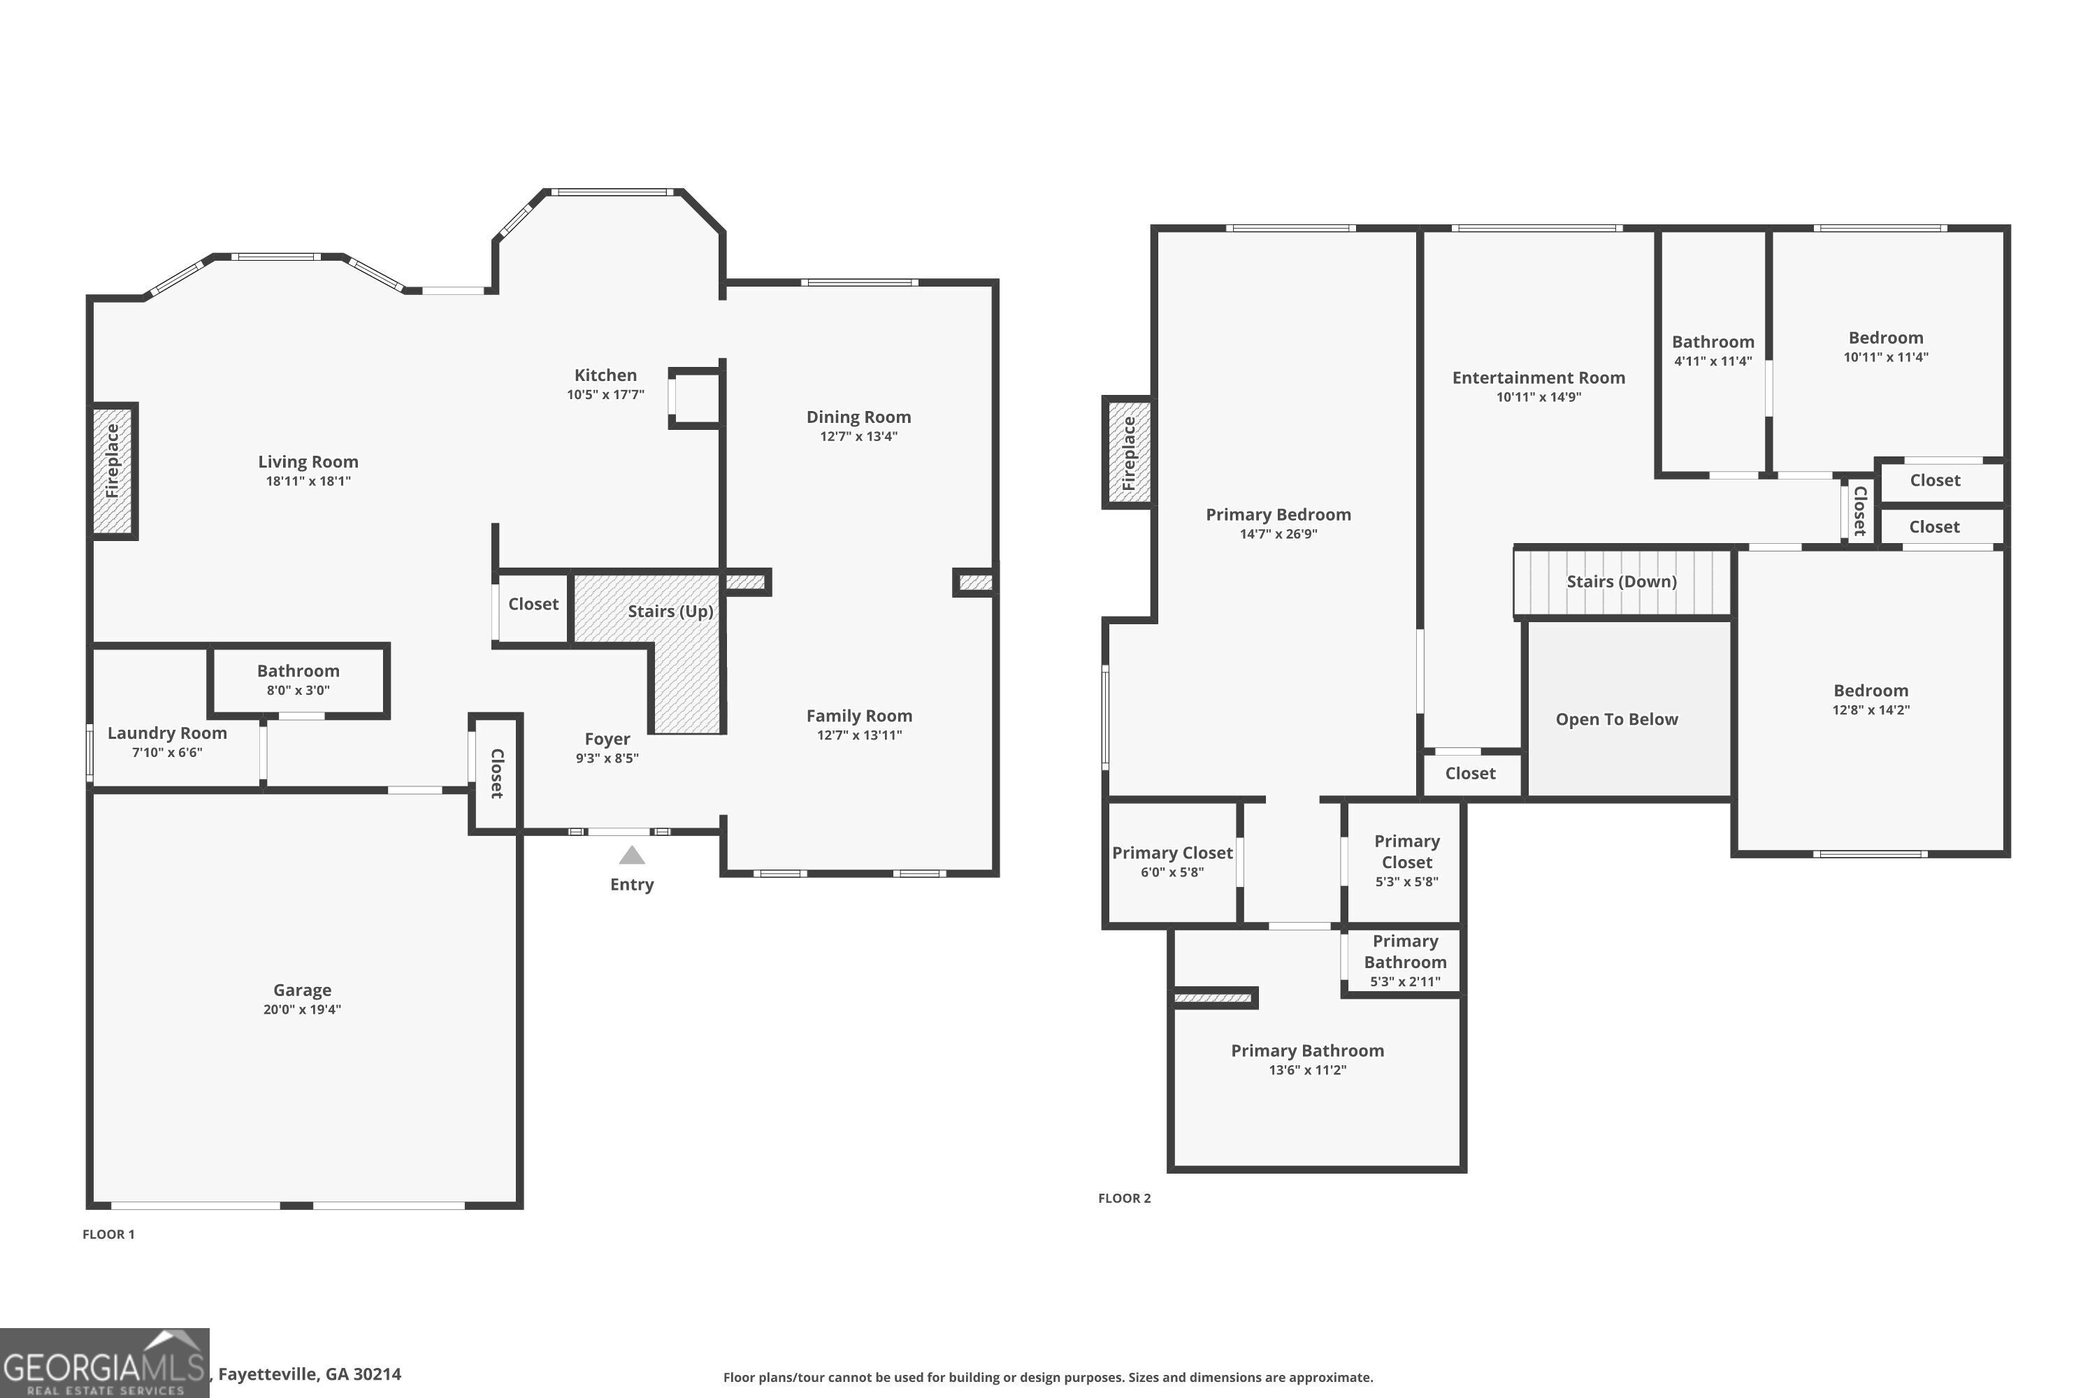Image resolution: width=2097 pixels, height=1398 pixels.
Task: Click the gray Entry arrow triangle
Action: click(x=631, y=856)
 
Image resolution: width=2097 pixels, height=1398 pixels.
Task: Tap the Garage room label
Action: click(x=301, y=990)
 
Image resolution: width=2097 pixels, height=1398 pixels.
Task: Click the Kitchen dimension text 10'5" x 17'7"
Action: click(x=605, y=395)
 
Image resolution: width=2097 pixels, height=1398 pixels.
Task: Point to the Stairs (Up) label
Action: click(x=670, y=611)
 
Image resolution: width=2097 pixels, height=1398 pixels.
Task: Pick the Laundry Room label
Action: click(x=167, y=733)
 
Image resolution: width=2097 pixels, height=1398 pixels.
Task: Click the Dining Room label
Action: click(x=858, y=417)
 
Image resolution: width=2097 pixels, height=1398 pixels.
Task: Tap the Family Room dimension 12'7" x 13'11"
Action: click(x=858, y=735)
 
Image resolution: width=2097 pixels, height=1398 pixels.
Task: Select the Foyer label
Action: click(x=606, y=739)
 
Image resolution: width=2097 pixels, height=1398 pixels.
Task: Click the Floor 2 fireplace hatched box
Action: click(x=1129, y=453)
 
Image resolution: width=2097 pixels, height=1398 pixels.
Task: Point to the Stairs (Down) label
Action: click(x=1621, y=582)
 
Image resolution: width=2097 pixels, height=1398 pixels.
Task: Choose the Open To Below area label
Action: click(x=1615, y=719)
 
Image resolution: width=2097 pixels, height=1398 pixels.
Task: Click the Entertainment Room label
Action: click(x=1538, y=377)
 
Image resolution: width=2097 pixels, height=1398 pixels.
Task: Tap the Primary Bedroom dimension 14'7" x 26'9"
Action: click(x=1278, y=534)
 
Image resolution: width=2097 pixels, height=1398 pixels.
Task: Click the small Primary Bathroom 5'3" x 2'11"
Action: click(x=1404, y=961)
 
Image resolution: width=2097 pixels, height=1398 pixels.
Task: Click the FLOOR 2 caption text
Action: click(x=1123, y=1198)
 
